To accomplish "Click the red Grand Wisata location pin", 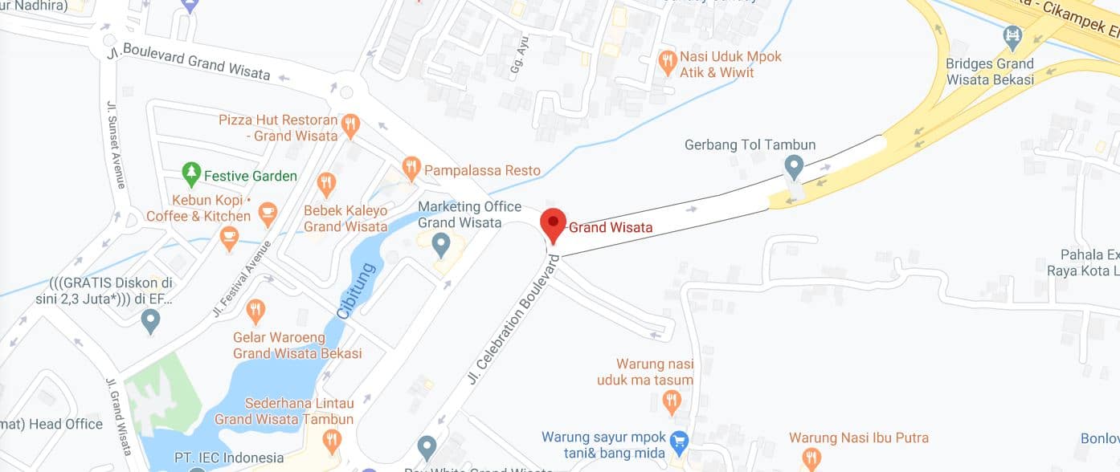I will point(553,223).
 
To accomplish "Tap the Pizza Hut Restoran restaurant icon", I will point(349,125).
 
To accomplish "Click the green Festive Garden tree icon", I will point(190,173).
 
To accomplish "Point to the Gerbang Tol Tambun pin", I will point(794,167).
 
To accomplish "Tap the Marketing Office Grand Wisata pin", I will point(440,242).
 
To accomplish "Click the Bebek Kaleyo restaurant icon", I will point(326,184).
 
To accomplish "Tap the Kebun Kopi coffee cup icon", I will point(268,214).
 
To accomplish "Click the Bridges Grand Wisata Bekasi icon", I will point(1012,36).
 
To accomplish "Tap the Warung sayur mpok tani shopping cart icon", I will point(680,440).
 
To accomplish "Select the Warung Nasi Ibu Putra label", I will point(859,437).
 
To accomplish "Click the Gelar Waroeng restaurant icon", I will point(255,309).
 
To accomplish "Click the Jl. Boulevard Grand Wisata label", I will point(197,61).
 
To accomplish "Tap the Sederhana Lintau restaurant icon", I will point(331,440).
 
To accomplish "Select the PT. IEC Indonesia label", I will point(229,458).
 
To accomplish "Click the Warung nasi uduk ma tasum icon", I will point(672,399).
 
